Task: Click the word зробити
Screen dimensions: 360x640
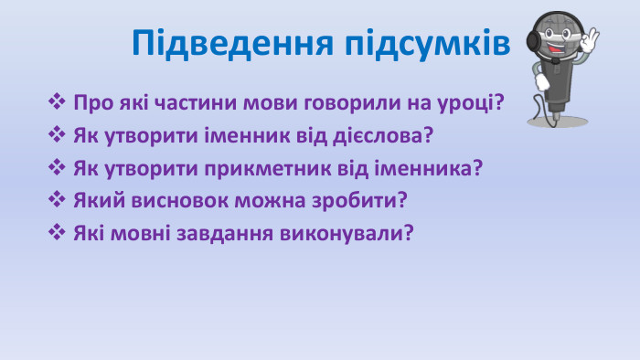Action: [363, 200]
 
